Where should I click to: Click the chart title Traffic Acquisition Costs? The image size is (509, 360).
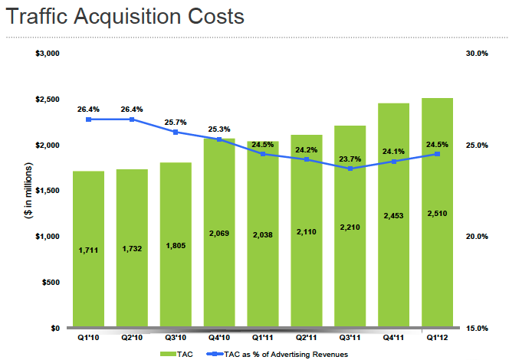coord(125,16)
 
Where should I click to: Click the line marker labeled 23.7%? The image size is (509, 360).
coord(350,169)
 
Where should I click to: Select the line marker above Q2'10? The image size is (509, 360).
coord(132,119)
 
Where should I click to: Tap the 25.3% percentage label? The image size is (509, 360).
coord(219,129)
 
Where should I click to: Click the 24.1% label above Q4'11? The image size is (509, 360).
coord(394,151)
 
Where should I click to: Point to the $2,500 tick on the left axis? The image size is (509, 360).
coord(48,100)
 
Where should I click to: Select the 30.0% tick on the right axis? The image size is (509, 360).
coord(477,54)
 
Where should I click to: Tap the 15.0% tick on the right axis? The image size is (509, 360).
coord(477,328)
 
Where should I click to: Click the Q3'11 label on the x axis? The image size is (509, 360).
coord(350,337)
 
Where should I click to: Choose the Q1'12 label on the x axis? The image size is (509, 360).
coord(438,337)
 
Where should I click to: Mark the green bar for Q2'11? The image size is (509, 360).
coord(307,230)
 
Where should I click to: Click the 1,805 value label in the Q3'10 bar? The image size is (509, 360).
coord(176,247)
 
